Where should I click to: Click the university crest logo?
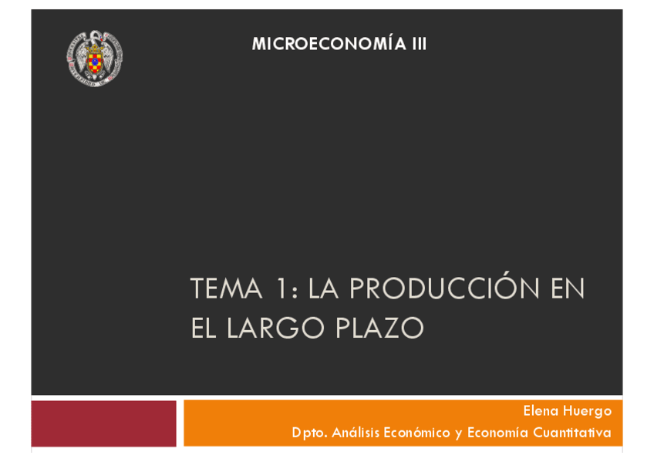tap(94, 58)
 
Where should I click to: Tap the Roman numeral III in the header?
tap(419, 45)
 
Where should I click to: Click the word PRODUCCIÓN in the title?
tap(445, 289)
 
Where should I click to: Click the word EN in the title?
tap(568, 289)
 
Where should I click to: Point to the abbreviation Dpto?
tap(308, 433)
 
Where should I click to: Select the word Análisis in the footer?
tap(356, 433)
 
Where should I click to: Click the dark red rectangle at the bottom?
tap(103, 423)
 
